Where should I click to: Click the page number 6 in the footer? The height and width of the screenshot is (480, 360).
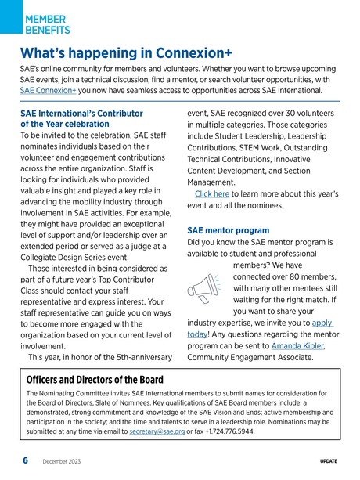pyautogui.click(x=25, y=460)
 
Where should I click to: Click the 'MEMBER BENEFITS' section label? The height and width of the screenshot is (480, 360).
pyautogui.click(x=47, y=23)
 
